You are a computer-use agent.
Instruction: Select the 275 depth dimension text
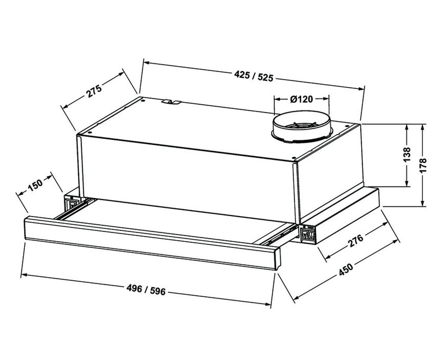click(x=94, y=91)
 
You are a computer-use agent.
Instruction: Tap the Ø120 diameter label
click(x=301, y=99)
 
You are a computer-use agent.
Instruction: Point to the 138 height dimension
click(x=407, y=155)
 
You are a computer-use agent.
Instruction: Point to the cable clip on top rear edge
click(x=171, y=102)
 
